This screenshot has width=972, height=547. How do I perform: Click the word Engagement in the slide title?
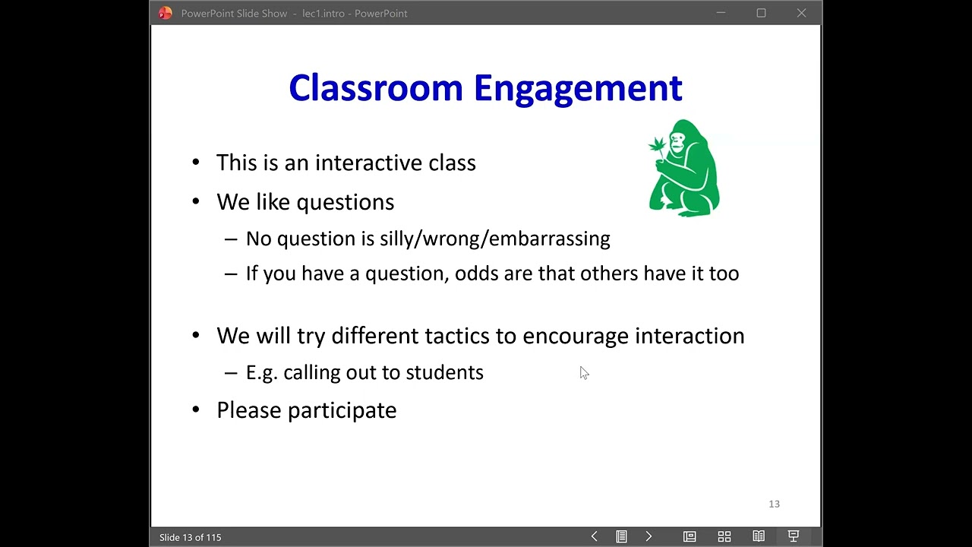[x=577, y=89]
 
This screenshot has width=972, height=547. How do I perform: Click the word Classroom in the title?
[x=375, y=88]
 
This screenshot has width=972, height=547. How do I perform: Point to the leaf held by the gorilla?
[x=657, y=144]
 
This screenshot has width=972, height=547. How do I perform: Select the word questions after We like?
[x=345, y=202]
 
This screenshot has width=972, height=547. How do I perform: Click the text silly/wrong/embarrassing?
[x=494, y=239]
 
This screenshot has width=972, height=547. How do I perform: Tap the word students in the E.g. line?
[x=444, y=372]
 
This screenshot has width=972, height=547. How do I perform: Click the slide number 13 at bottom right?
[x=774, y=504]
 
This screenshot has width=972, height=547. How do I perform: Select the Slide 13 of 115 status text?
[x=191, y=537]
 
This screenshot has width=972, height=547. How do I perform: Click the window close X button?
[x=801, y=13]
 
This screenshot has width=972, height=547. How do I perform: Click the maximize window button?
[x=761, y=13]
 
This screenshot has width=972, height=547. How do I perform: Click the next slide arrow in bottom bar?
[x=649, y=536]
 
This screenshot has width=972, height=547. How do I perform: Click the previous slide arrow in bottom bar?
[x=594, y=536]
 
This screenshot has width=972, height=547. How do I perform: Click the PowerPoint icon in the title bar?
[x=165, y=13]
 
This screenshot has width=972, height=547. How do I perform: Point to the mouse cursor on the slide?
[x=583, y=372]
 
